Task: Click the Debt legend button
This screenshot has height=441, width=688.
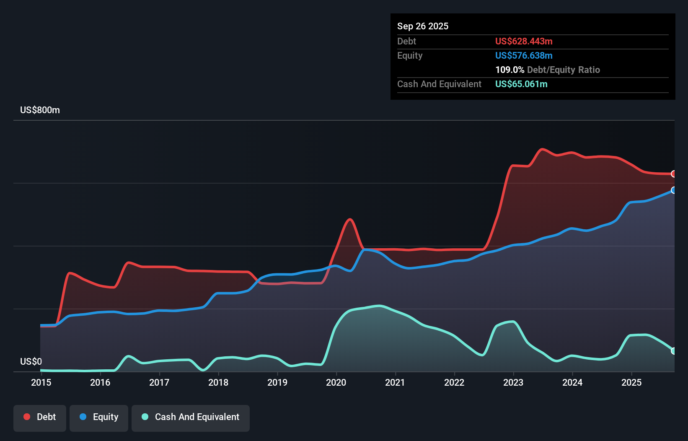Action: tap(40, 417)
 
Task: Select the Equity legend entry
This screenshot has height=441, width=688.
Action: tap(99, 417)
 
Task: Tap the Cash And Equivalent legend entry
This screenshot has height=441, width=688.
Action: tap(191, 417)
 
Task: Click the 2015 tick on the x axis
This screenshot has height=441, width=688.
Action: tap(41, 382)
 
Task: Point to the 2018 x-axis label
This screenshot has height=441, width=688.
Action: tap(218, 382)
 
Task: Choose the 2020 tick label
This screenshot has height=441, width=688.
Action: tap(336, 382)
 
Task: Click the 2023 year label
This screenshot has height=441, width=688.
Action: tap(513, 382)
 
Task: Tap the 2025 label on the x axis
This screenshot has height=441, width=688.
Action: tap(631, 382)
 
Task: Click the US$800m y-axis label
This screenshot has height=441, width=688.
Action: tap(40, 110)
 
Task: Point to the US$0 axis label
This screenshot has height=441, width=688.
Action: tap(31, 361)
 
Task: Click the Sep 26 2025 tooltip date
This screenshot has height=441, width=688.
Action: tap(422, 26)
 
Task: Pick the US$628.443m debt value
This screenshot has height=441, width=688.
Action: tap(524, 41)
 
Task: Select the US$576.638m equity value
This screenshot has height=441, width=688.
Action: tap(524, 56)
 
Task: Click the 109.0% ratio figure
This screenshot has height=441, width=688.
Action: tap(510, 70)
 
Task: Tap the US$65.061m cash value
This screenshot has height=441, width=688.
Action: tap(521, 84)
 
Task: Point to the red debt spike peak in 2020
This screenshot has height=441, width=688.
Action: tap(349, 219)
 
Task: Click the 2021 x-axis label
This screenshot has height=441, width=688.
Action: tap(395, 382)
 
